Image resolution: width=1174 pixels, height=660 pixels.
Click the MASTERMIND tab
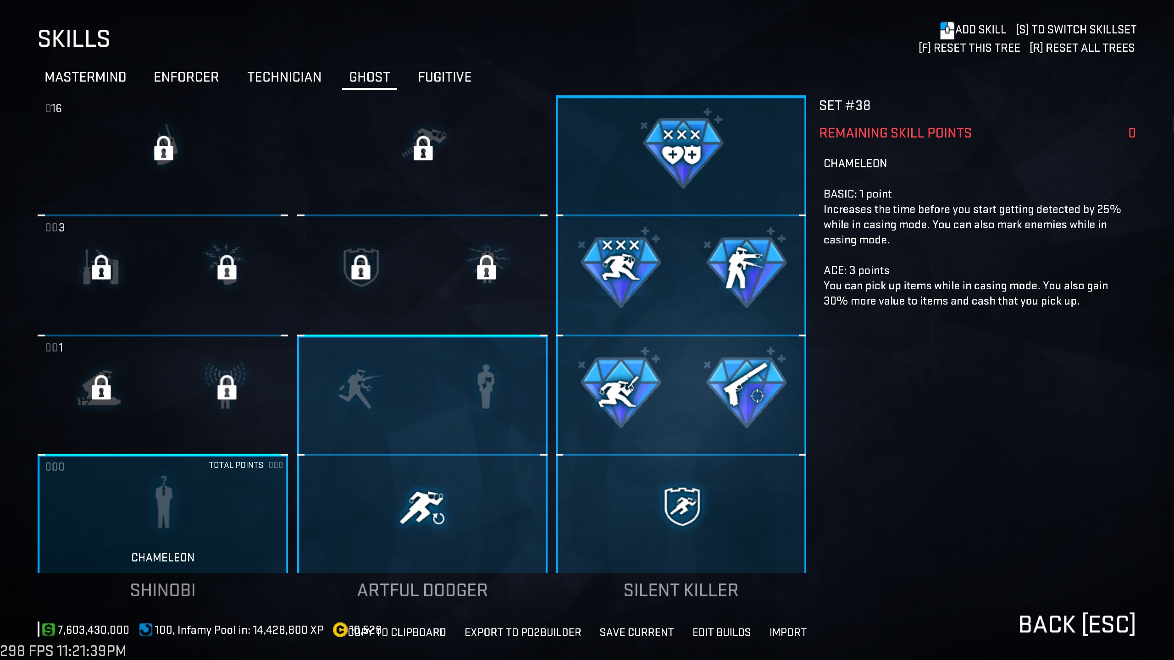(x=85, y=77)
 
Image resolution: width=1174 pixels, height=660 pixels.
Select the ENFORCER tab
(x=186, y=77)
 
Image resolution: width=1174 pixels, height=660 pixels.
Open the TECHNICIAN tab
(x=284, y=77)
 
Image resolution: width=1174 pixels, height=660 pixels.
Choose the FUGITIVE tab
(x=444, y=77)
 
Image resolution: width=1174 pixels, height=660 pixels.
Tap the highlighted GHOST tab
(x=370, y=77)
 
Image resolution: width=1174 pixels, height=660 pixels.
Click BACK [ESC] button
(x=1077, y=624)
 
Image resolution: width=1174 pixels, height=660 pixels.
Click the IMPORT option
(x=787, y=632)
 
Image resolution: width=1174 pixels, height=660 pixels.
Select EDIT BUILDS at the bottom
(x=721, y=632)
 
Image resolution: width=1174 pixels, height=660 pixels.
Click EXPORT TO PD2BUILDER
(x=523, y=632)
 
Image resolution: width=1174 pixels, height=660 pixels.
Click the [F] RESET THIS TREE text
(x=969, y=48)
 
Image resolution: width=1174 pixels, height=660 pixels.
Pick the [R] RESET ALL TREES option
(x=1082, y=48)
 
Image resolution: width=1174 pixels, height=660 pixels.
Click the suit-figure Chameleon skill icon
(x=163, y=502)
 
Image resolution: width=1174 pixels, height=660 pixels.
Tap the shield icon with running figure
(x=682, y=506)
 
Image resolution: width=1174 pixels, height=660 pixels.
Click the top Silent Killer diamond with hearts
(x=682, y=151)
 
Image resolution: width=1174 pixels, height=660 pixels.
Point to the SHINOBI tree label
(x=163, y=590)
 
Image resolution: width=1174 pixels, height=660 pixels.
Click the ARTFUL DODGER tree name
(x=422, y=590)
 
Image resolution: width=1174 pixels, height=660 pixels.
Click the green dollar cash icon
(x=48, y=630)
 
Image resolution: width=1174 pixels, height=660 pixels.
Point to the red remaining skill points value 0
(x=1132, y=133)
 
